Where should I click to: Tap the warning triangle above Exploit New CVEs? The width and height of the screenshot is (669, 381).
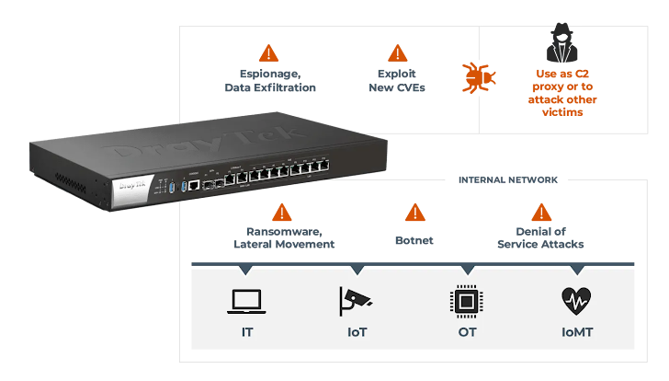point(397,52)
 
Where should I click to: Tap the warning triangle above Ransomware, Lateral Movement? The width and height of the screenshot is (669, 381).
point(282,213)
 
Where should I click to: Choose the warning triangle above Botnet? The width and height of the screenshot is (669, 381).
point(415,213)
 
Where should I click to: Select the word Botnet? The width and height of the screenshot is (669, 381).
point(414,239)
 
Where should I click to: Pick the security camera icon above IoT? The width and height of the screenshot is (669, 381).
point(355,300)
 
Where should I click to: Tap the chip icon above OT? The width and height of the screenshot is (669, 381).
point(466,300)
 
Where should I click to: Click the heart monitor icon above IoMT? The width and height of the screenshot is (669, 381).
point(576,300)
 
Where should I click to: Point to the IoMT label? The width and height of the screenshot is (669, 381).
point(576,331)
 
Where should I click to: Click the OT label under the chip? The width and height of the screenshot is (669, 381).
point(466,331)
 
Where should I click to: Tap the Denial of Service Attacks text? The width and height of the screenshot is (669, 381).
point(540,237)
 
